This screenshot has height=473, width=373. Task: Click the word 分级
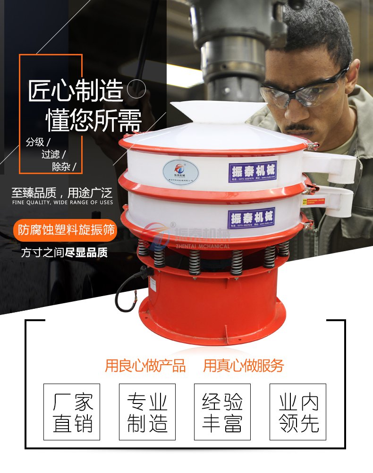pyautogui.click(x=37, y=142)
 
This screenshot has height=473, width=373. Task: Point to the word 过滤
pyautogui.click(x=51, y=154)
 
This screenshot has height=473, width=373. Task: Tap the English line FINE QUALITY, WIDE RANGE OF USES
pyautogui.click(x=62, y=202)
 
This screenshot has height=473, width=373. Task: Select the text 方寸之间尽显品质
pyautogui.click(x=64, y=253)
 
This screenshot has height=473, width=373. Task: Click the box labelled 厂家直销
pyautogui.click(x=72, y=412)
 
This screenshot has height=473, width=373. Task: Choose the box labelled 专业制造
pyautogui.click(x=147, y=412)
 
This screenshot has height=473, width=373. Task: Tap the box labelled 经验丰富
pyautogui.click(x=222, y=412)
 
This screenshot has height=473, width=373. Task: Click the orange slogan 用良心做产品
pyautogui.click(x=145, y=366)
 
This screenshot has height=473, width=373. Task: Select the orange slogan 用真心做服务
pyautogui.click(x=244, y=366)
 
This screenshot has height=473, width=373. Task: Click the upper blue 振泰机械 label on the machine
pyautogui.click(x=253, y=172)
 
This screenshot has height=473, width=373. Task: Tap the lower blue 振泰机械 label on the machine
pyautogui.click(x=251, y=219)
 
